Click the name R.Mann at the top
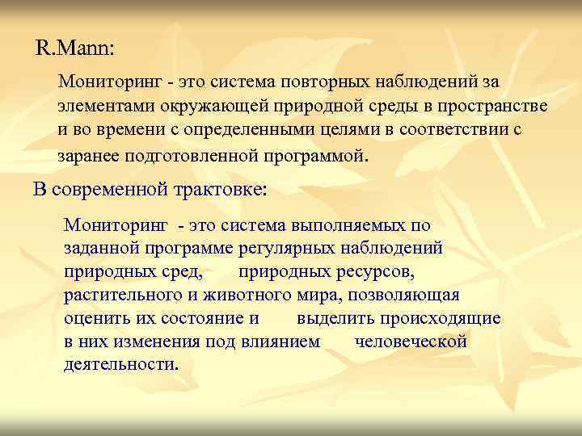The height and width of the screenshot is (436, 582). tap(75, 48)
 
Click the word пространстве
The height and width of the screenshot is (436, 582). tap(498, 107)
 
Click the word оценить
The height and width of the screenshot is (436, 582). tap(96, 317)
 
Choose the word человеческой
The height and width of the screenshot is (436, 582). tap(411, 341)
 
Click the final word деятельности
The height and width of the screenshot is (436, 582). tap(121, 364)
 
